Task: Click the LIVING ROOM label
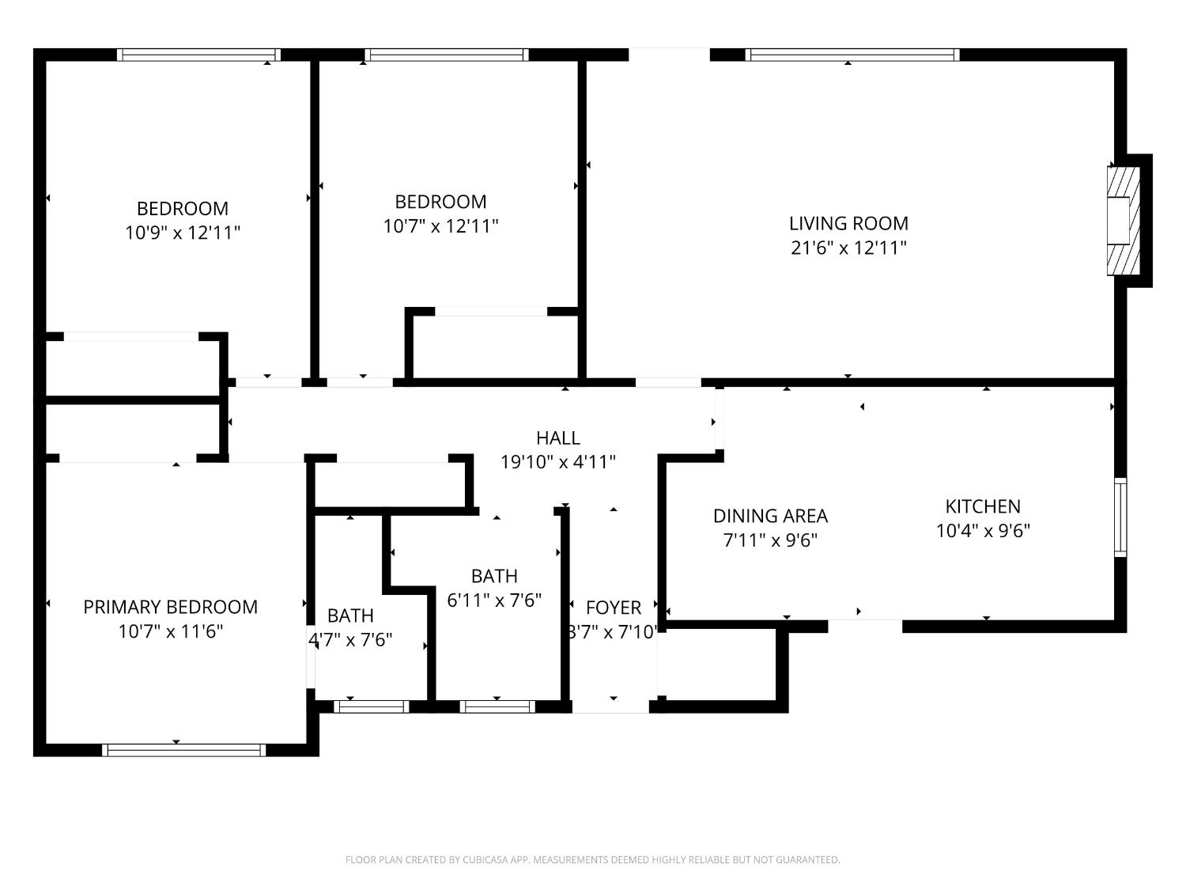coord(848,223)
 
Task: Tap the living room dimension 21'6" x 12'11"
coord(848,248)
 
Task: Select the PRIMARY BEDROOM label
coord(170,607)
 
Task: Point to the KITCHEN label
coord(983,506)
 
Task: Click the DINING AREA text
coord(770,516)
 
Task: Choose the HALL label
coord(558,437)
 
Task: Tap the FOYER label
coord(614,608)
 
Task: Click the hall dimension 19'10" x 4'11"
coord(558,462)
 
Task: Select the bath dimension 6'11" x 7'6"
coord(494,600)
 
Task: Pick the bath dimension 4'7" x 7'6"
coord(351,640)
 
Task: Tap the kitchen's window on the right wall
coord(1121,517)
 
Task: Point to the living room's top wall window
coord(852,55)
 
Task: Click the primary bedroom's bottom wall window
coord(184,750)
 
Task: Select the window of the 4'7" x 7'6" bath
coord(371,706)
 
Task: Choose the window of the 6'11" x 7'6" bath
coord(497,706)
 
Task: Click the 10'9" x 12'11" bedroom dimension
coord(183,233)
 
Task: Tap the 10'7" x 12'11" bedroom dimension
coord(440,226)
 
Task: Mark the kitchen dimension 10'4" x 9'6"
coord(983,531)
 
